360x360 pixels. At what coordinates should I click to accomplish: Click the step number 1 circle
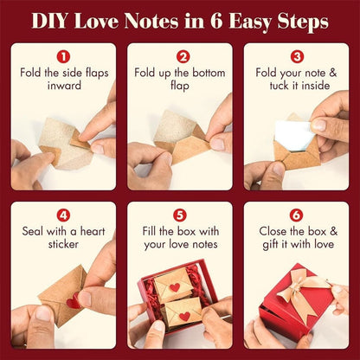pos(63,55)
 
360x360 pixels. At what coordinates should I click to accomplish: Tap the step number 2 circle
pos(180,55)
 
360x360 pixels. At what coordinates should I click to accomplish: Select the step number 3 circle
pos(296,55)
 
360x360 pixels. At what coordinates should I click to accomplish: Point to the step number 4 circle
pos(63,214)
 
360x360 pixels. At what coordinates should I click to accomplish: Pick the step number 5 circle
pos(180,214)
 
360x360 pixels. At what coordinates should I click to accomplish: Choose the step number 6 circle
pos(296,214)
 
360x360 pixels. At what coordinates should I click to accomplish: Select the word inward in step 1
pos(63,87)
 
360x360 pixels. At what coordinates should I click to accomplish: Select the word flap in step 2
pos(180,87)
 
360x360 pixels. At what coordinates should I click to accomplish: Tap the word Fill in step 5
pos(152,232)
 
